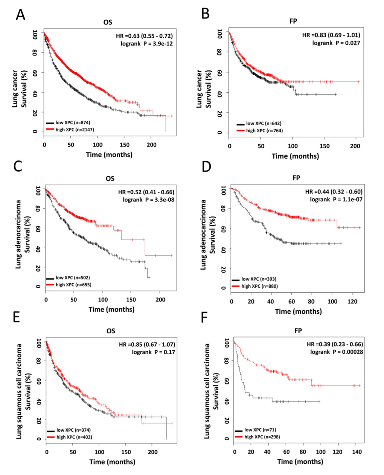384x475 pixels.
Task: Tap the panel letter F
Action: (x=204, y=317)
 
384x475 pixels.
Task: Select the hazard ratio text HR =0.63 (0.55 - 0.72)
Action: (x=144, y=36)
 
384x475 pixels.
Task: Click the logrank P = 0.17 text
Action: (x=153, y=352)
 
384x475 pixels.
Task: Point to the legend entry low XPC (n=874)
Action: (x=73, y=122)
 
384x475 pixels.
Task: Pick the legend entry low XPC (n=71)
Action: (x=260, y=430)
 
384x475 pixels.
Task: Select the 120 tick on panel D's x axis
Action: (x=352, y=301)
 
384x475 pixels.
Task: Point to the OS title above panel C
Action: (x=110, y=178)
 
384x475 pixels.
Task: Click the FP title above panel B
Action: (x=293, y=21)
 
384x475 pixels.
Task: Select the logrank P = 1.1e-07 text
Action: (x=336, y=199)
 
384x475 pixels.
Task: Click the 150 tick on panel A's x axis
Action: (x=124, y=145)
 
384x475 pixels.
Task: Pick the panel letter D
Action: (x=206, y=166)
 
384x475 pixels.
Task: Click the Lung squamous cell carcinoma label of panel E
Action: (x=19, y=391)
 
